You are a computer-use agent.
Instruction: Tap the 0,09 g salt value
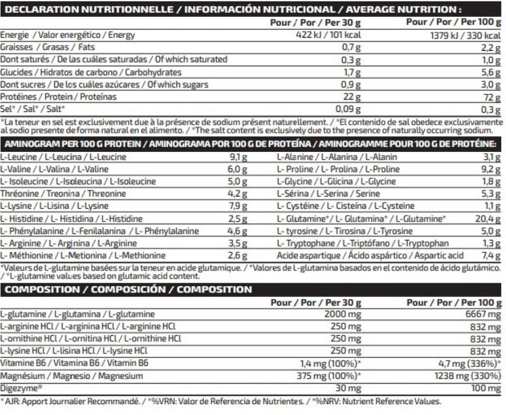tap(347, 109)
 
